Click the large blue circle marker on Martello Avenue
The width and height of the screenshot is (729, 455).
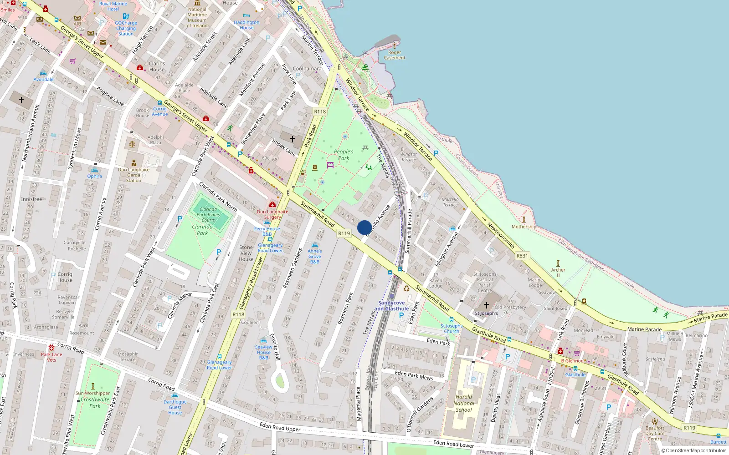coord(364,227)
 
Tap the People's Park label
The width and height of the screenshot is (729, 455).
coord(344,155)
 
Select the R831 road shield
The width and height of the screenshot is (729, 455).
coord(522,256)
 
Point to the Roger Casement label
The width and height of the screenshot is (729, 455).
coord(395,55)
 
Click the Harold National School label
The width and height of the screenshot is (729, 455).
coord(464,403)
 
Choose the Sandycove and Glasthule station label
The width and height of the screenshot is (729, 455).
coord(391,306)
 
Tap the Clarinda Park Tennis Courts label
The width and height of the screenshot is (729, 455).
coord(208,215)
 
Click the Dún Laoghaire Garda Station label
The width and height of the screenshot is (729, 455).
coord(133,175)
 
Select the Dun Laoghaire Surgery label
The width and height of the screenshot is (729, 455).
coord(272,214)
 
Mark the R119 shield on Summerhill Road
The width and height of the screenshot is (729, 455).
coord(344,233)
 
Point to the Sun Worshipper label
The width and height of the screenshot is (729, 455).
coord(93,393)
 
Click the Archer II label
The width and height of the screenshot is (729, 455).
coord(558,273)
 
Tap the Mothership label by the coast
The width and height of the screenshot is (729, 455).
coord(524,227)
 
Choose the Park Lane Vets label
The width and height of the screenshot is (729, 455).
coord(51,357)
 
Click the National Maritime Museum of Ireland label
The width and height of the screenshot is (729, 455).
coord(197,17)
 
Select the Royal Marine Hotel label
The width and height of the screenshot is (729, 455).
coord(113,6)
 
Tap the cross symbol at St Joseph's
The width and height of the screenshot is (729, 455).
coord(487,305)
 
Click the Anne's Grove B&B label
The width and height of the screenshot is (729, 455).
coord(314,256)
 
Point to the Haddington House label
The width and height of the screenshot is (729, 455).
coord(246,25)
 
